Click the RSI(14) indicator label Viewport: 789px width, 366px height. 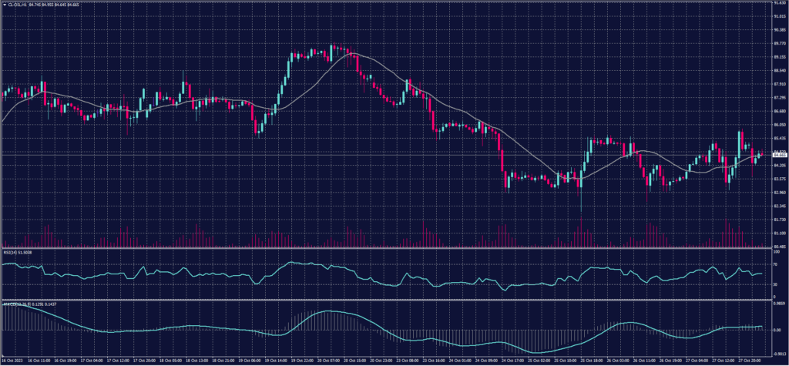[x=11, y=252]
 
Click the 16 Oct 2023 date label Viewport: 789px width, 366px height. [x=12, y=360]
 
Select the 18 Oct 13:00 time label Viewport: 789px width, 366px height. [x=198, y=360]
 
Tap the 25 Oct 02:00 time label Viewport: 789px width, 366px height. [x=539, y=360]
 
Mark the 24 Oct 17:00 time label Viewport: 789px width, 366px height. [x=513, y=360]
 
